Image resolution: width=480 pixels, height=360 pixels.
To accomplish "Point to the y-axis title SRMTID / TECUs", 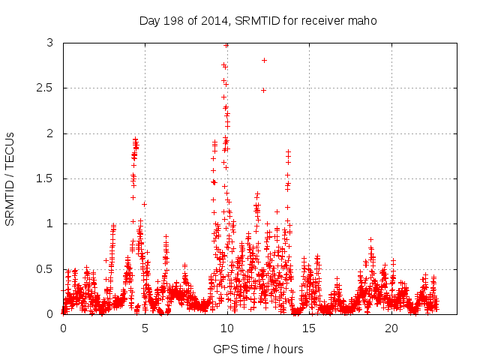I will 10,178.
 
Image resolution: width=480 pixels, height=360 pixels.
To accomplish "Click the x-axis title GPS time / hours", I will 258,349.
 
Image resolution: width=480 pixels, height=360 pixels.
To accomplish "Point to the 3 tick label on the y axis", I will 49,43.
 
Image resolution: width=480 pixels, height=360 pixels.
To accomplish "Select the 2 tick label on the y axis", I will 49,133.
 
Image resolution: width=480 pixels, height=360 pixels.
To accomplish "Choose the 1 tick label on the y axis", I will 49,223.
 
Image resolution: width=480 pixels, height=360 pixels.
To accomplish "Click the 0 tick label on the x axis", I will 63,328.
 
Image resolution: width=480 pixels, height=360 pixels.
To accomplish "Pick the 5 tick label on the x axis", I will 145,328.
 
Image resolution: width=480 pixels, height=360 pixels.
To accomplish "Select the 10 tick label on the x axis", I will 227,328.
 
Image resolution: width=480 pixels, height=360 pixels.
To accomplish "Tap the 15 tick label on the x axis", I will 309,328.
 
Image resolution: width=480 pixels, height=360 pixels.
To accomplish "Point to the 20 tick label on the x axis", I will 391,328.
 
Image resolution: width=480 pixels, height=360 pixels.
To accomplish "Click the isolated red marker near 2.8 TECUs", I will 264,60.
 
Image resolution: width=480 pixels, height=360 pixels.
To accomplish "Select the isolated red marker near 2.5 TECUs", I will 263,90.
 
